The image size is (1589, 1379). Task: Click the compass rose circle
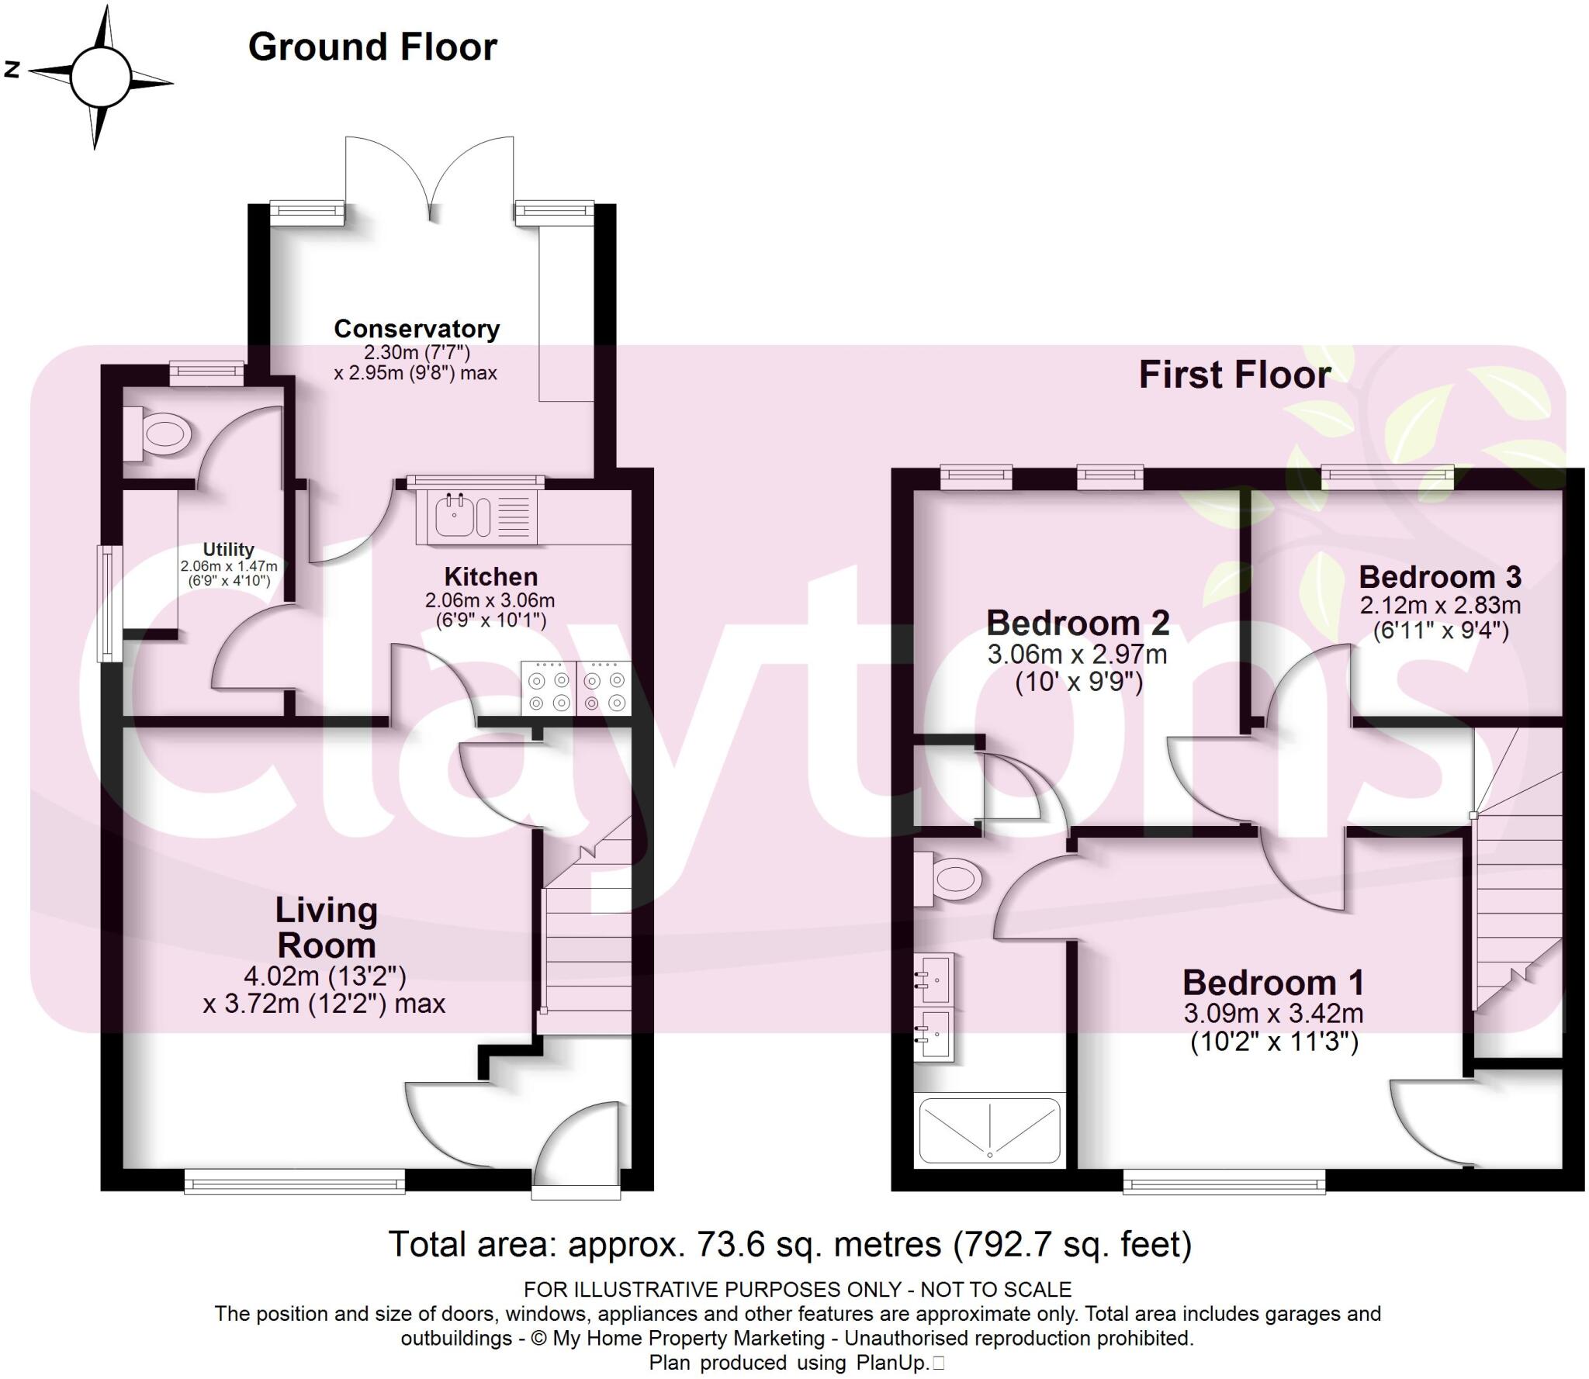coord(100,76)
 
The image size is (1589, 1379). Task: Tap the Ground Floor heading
coord(372,47)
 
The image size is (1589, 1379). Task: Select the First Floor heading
coord(1234,375)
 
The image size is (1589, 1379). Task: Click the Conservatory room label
coord(417,329)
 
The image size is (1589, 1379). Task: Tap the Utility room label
coord(228,549)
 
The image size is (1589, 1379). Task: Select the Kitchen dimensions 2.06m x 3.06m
coord(490,600)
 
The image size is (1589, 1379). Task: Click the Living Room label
coord(326,928)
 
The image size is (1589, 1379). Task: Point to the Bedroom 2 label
coord(1077,623)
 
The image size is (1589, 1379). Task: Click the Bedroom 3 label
coord(1440,577)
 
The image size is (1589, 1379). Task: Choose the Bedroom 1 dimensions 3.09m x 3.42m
coord(1273,1014)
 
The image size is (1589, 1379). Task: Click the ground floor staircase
coord(588,946)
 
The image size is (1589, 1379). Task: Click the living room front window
coord(295,1183)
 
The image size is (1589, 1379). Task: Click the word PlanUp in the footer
coord(892,1362)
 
